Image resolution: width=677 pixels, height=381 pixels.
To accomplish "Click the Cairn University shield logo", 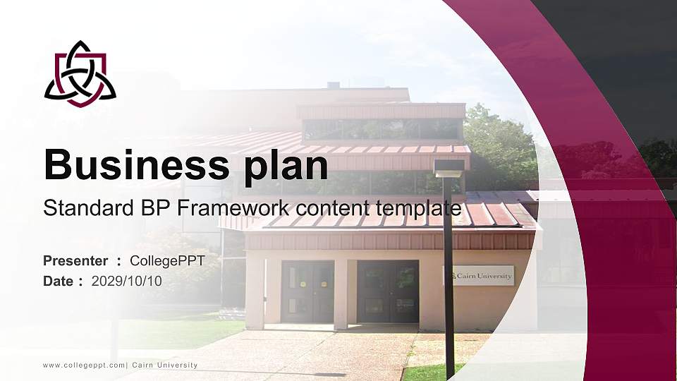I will (x=80, y=74).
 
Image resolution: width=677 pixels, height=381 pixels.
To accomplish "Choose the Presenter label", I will (x=75, y=261).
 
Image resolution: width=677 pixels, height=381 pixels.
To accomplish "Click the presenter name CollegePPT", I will (x=167, y=261).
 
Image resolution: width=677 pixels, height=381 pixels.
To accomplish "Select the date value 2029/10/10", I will (x=127, y=281).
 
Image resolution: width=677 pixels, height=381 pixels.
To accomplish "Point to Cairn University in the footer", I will (x=164, y=365).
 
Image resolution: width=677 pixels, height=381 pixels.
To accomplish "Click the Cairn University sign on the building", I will (x=480, y=276).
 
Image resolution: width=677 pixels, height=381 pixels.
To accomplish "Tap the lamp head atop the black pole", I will (x=449, y=168).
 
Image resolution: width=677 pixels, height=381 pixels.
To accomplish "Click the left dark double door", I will (x=307, y=291).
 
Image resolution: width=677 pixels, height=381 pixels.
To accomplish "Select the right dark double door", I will (x=387, y=291).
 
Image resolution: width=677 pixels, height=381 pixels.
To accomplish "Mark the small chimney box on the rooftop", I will (x=333, y=85).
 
